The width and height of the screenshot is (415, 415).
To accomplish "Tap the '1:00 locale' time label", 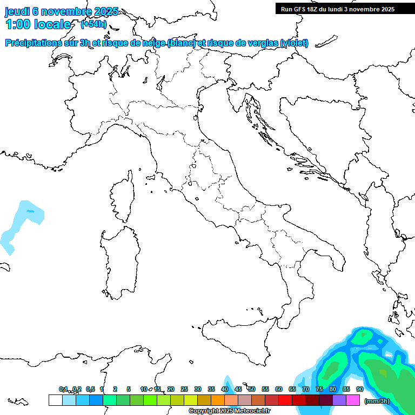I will pyautogui.click(x=38, y=24).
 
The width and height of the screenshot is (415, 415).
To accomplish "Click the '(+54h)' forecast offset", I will pyautogui.click(x=93, y=24).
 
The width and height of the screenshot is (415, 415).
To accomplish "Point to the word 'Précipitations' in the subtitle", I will pyautogui.click(x=37, y=43).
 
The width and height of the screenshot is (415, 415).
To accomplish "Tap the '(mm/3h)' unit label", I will pyautogui.click(x=377, y=400).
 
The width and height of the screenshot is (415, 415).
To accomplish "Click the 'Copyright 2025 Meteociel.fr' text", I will pyautogui.click(x=229, y=411).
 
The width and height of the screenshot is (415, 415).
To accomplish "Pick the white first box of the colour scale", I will pyautogui.click(x=55, y=400).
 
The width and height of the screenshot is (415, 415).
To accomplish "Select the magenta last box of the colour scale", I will pyautogui.click(x=353, y=400).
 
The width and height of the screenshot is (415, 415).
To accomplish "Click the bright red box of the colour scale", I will pyautogui.click(x=285, y=400).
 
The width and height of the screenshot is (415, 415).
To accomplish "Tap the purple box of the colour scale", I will pyautogui.click(x=339, y=400).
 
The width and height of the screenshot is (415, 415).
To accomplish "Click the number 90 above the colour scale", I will pyautogui.click(x=359, y=389).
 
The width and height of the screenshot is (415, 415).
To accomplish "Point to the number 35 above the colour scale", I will pyautogui.click(x=211, y=389).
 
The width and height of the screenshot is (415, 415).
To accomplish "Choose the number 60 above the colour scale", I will pyautogui.click(x=279, y=389).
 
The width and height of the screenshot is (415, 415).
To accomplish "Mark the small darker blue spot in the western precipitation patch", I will pyautogui.click(x=30, y=210).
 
